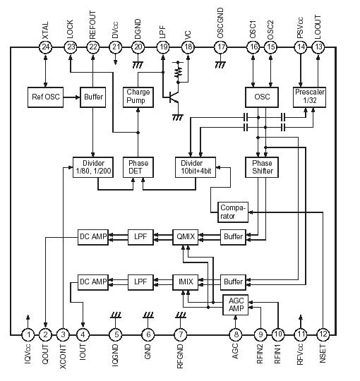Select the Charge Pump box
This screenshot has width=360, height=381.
137,97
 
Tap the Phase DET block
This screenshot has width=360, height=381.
137,167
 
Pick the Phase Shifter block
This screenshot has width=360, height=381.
262,167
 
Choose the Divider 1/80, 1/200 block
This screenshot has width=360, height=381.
92,167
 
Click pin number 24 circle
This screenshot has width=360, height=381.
47,48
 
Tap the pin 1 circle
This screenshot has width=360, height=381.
28,334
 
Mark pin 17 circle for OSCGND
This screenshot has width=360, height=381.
221,48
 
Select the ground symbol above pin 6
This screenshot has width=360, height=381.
147,315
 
